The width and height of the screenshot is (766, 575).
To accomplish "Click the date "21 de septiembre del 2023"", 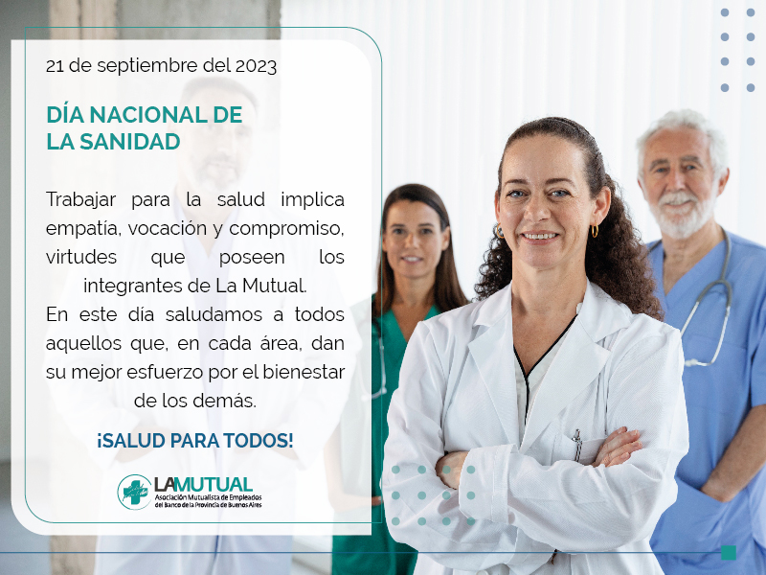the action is click(161, 66).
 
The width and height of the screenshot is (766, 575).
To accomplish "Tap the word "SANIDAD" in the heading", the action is click(130, 142).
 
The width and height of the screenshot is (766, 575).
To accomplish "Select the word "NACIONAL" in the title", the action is click(149, 115).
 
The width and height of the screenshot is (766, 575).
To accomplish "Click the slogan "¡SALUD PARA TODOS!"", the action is click(195, 441).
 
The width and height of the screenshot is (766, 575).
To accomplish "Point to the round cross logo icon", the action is click(134, 492).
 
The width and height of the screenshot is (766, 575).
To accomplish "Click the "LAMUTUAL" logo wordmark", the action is click(203, 485).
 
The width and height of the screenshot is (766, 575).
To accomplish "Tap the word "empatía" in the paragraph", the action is click(83, 229).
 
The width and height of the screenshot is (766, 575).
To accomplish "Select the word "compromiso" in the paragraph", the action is click(286, 229).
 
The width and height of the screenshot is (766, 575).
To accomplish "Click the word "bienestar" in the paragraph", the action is click(304, 372).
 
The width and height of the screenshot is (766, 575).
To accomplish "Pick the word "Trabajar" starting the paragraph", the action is click(81, 199).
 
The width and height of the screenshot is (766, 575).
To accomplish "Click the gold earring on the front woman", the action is click(595, 231).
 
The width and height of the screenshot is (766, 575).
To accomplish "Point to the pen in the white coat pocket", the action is click(577, 445).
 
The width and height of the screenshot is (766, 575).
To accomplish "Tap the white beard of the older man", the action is click(681, 215).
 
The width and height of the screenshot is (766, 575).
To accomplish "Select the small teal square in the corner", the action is click(729, 553).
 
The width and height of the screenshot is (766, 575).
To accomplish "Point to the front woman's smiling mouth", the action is click(540, 237).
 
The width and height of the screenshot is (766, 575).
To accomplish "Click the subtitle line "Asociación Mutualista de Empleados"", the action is click(209, 497).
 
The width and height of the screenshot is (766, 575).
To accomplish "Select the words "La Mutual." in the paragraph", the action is click(261, 286).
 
